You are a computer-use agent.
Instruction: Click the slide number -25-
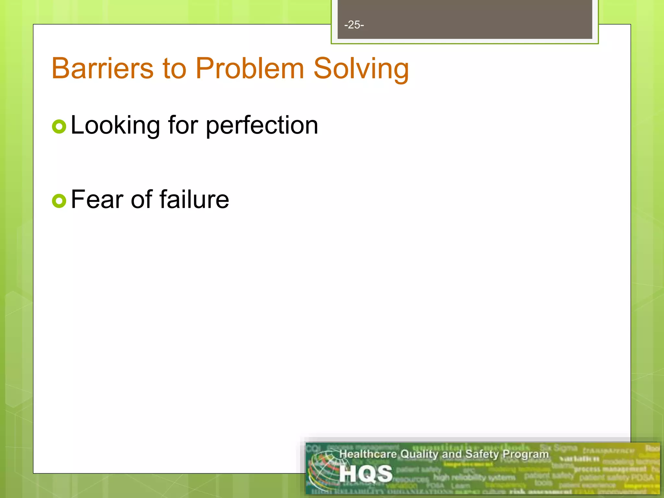[354, 25]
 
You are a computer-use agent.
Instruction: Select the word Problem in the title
[250, 68]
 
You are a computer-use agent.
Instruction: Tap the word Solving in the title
[361, 68]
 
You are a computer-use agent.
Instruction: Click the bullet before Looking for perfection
[59, 127]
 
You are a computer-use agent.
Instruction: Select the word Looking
[115, 125]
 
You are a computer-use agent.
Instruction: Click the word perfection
[262, 125]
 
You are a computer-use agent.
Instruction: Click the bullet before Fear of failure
[59, 201]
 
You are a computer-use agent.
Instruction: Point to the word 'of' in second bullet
[141, 199]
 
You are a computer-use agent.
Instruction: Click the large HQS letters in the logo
[366, 474]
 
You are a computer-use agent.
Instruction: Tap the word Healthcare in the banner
[368, 454]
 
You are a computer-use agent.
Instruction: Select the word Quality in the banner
[420, 454]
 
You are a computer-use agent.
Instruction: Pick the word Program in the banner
[526, 454]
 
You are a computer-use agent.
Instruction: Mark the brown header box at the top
[465, 19]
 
